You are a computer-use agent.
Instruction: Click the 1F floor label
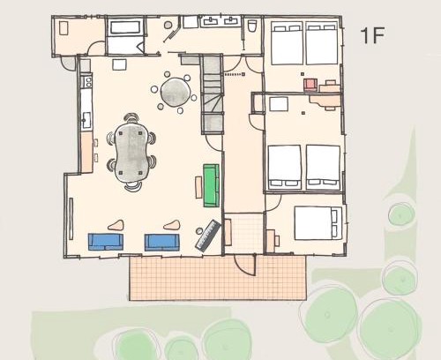(372, 35)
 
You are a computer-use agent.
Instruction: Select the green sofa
(212, 185)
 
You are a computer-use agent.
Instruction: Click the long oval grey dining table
(131, 153)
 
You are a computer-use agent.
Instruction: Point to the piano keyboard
(209, 236)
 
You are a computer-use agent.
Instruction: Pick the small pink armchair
(310, 85)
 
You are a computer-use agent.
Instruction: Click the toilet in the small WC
(252, 26)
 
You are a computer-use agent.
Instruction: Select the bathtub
(124, 27)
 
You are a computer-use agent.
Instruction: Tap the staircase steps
(212, 94)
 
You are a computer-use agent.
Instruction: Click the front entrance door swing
(245, 265)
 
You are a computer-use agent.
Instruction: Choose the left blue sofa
(106, 242)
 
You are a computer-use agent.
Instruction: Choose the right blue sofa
(161, 243)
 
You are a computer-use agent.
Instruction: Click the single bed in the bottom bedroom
(318, 223)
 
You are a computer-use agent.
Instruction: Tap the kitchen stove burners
(87, 82)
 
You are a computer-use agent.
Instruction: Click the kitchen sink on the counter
(86, 120)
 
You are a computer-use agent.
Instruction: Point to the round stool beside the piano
(199, 231)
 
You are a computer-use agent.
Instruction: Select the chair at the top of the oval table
(131, 118)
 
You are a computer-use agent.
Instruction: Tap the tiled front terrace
(218, 277)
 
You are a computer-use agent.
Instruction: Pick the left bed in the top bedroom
(287, 43)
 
